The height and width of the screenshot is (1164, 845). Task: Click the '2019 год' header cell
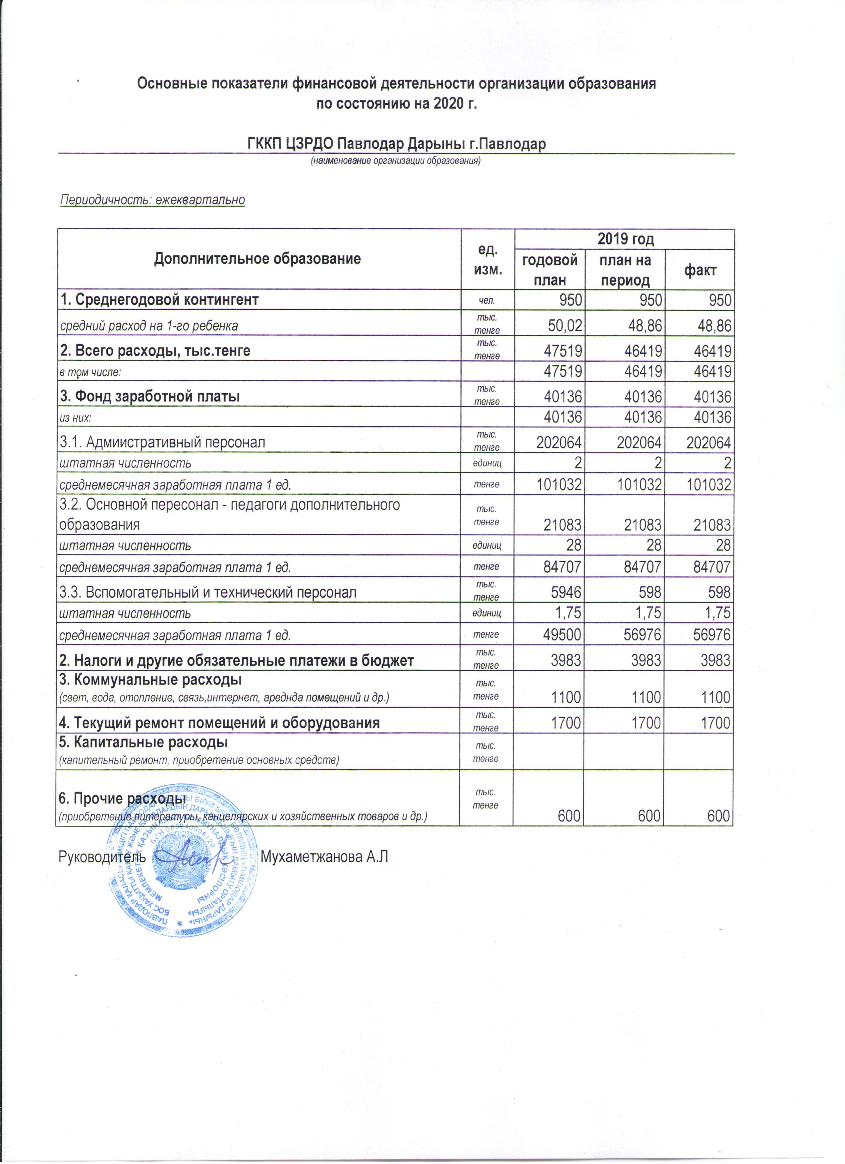pyautogui.click(x=624, y=239)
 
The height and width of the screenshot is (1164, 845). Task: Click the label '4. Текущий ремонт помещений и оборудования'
pyautogui.click(x=219, y=723)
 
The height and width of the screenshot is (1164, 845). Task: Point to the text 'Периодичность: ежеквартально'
pyautogui.click(x=153, y=200)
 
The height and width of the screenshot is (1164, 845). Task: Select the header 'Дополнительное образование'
pyautogui.click(x=257, y=259)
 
